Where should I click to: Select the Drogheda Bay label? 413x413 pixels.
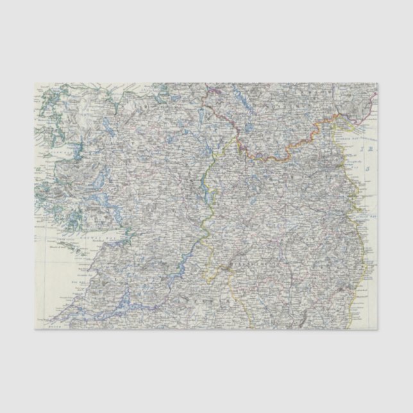click(363, 164)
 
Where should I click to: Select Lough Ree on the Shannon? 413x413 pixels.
click(205, 186)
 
